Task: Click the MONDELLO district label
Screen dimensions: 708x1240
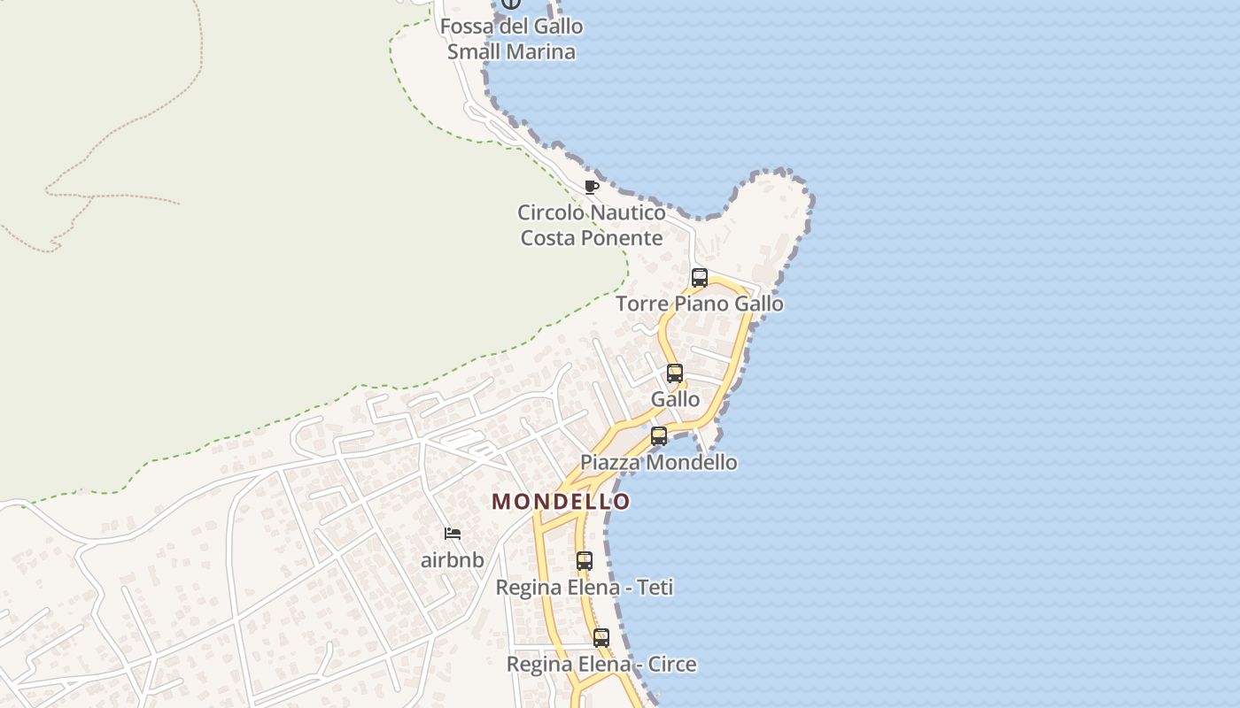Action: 561,502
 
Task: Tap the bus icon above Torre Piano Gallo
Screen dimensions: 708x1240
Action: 699,278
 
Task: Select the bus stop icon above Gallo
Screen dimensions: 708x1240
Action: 675,373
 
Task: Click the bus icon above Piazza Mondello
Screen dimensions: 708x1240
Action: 658,436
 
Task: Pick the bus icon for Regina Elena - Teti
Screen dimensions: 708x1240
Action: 584,561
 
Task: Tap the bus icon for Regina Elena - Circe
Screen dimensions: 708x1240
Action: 601,638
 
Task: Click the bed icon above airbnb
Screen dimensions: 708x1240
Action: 453,534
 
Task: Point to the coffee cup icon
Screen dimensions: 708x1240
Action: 591,187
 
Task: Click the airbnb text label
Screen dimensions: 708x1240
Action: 453,560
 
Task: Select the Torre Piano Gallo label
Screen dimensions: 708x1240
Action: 699,304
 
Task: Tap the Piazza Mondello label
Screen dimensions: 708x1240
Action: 658,462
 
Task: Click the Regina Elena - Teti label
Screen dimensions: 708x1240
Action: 584,588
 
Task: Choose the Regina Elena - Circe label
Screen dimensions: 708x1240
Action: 601,664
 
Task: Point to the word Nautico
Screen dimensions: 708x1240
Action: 628,212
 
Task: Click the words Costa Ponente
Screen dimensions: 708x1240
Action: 591,238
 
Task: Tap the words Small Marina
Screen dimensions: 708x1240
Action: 511,51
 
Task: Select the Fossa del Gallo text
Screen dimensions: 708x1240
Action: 511,27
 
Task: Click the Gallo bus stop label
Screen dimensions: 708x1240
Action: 675,399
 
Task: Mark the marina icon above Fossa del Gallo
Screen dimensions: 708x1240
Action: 511,4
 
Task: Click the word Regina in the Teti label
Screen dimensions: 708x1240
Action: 529,588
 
